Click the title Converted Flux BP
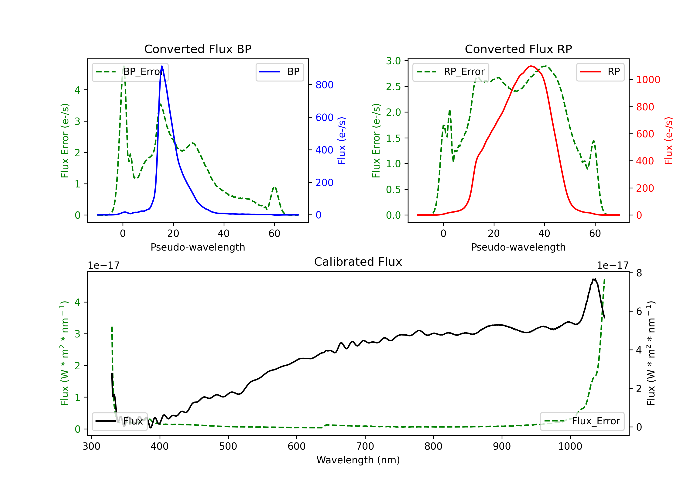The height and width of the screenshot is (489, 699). [x=198, y=49]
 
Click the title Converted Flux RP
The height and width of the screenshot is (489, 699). [x=518, y=49]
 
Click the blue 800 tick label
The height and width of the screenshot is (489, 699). [x=324, y=85]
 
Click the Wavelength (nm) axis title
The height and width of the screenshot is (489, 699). [x=358, y=460]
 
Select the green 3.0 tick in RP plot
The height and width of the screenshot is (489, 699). [x=393, y=61]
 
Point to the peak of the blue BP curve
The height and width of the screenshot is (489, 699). [x=162, y=66]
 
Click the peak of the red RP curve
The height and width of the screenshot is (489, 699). [x=531, y=66]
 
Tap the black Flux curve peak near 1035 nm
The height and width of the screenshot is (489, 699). [x=594, y=279]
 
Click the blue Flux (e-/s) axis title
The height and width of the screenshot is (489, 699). [x=342, y=141]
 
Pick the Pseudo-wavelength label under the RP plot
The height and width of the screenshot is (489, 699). [x=518, y=247]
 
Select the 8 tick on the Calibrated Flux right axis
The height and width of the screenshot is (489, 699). [x=639, y=273]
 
